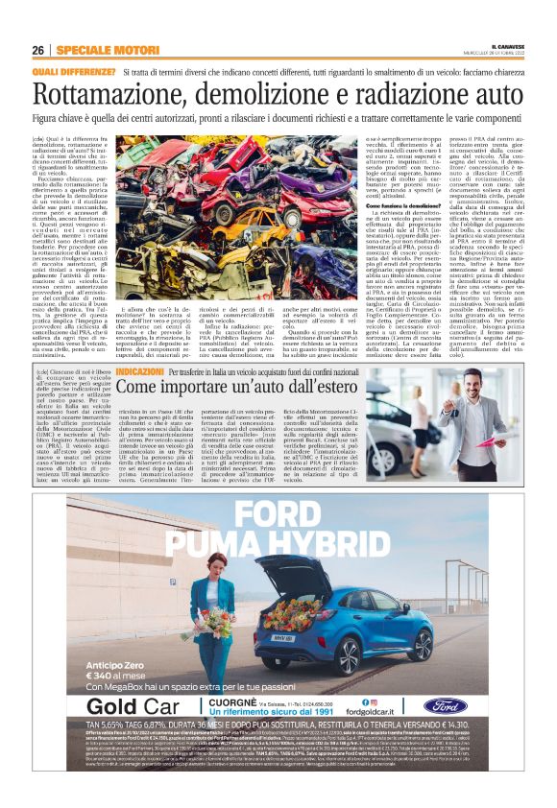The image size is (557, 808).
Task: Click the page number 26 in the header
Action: click(38, 50)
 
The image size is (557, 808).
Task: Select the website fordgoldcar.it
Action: click(382, 711)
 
